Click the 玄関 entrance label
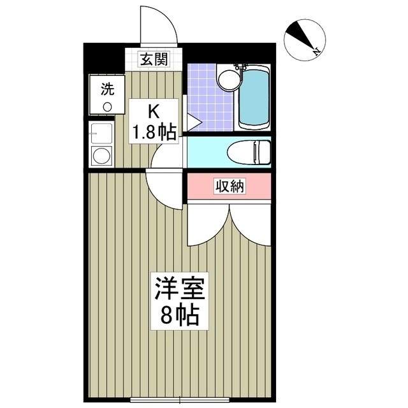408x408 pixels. (154, 60)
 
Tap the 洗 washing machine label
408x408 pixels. (106, 89)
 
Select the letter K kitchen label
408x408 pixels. (154, 112)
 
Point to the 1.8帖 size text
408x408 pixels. (154, 132)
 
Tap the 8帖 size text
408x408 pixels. (178, 315)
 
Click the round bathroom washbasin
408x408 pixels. (227, 80)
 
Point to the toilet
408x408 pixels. (251, 152)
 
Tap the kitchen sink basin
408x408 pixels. (101, 133)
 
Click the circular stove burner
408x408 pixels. (101, 156)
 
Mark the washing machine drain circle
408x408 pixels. (107, 106)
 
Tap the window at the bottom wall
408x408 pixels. (180, 400)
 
